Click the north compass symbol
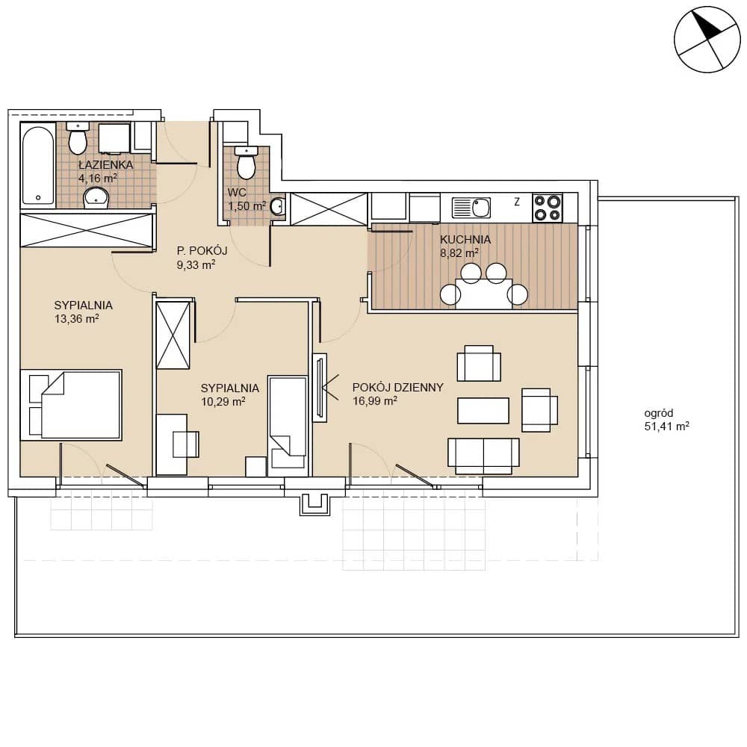(x=707, y=39)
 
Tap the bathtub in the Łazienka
(x=38, y=165)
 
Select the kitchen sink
(x=471, y=208)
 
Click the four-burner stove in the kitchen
(x=547, y=208)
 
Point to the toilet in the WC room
(x=247, y=162)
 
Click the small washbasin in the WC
(x=278, y=207)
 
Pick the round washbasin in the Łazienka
(x=96, y=198)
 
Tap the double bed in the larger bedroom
(x=72, y=405)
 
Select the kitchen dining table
(x=483, y=294)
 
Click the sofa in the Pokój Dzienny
(x=483, y=456)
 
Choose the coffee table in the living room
(x=483, y=410)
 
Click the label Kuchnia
(x=465, y=239)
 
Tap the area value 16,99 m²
(x=375, y=401)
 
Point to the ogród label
(x=658, y=414)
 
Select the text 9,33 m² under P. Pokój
(x=196, y=265)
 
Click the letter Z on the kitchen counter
(x=517, y=202)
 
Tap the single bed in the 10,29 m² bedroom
(x=288, y=426)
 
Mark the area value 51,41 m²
(x=666, y=427)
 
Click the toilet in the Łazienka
(x=78, y=139)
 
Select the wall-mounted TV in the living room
(x=320, y=388)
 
